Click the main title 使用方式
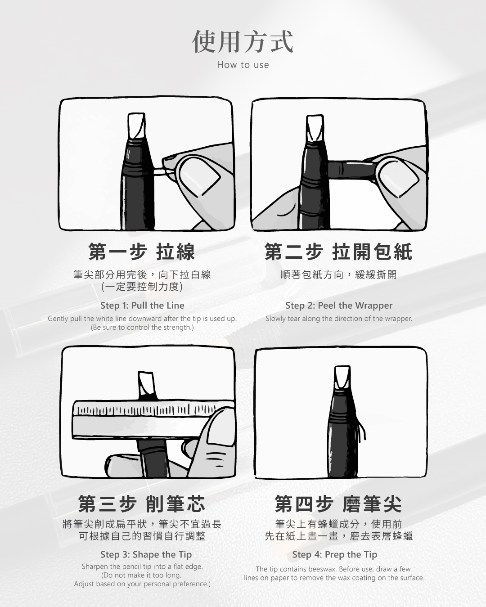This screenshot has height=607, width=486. click(x=243, y=42)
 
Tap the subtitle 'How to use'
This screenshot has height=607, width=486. click(x=243, y=65)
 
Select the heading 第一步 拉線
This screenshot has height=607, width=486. click(x=142, y=252)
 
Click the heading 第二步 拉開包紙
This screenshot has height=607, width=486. click(x=338, y=252)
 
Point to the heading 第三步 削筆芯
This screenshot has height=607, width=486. click(x=142, y=504)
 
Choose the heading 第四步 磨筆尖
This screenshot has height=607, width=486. click(x=338, y=504)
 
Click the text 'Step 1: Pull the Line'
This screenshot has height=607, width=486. click(x=142, y=305)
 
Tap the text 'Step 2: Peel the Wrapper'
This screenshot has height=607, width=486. click(x=339, y=305)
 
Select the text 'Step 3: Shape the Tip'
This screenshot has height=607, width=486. click(x=146, y=554)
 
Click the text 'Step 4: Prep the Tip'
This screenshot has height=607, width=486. click(x=334, y=554)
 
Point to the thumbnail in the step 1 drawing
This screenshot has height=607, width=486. click(x=200, y=176)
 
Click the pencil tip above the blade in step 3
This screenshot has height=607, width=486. click(x=146, y=384)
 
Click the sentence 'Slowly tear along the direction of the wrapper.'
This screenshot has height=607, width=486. click(x=339, y=319)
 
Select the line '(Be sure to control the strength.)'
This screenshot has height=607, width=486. click(x=142, y=327)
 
